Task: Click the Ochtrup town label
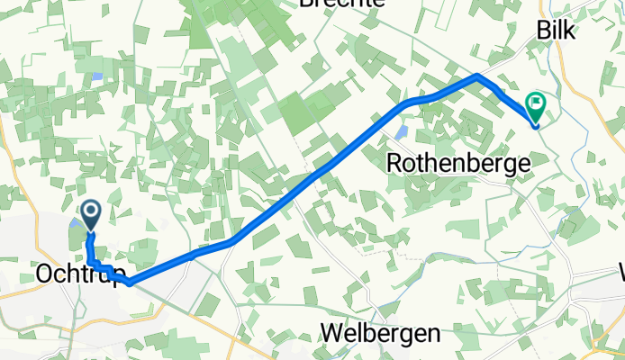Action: pos(80,273)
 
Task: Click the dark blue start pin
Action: pos(91,213)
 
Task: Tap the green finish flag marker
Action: pos(536,109)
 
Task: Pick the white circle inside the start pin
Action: pos(91,211)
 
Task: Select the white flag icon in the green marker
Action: pos(536,105)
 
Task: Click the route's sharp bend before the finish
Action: pos(478,76)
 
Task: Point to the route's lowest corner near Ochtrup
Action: pos(131,283)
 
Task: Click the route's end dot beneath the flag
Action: pos(536,125)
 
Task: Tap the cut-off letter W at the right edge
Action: pos(620,271)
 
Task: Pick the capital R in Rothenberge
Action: pos(394,163)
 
